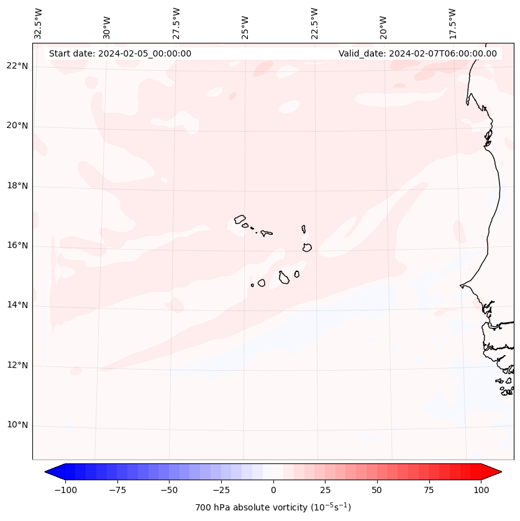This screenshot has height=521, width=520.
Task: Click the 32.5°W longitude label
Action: [39, 23]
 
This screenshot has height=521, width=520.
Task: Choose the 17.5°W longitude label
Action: [452, 23]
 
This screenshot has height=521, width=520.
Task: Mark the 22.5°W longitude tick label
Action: [314, 23]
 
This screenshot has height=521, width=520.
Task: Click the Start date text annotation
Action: [120, 53]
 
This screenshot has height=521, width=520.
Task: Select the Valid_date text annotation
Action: [417, 53]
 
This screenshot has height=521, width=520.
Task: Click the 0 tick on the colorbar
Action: [273, 490]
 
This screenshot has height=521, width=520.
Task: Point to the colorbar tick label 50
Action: [377, 490]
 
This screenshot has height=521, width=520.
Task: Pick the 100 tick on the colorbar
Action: [481, 490]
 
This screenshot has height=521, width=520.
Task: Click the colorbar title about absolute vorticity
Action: [273, 507]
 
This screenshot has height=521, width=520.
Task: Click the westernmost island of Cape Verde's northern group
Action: [240, 219]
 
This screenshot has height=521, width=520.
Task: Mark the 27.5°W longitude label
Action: [176, 23]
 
